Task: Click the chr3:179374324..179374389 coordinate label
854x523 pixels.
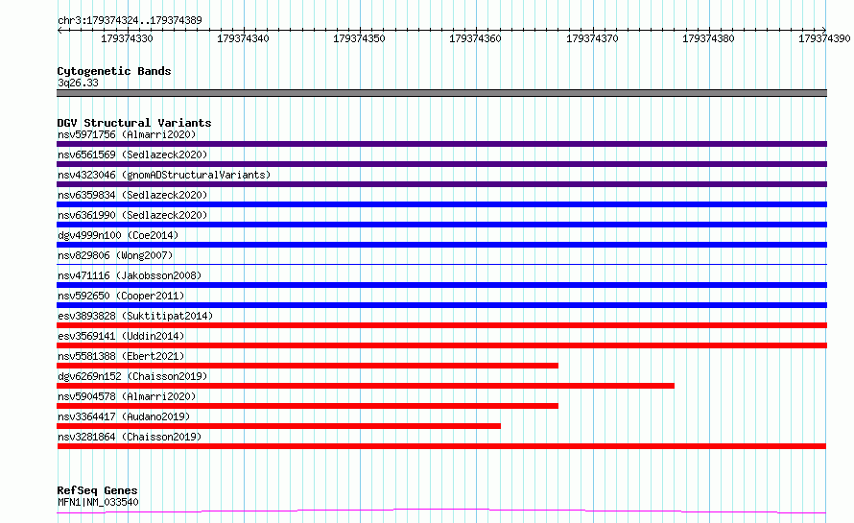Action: click(130, 20)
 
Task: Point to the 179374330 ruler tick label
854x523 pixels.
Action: click(127, 38)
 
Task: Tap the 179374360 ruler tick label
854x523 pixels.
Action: click(475, 38)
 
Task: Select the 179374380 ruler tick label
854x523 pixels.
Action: click(708, 38)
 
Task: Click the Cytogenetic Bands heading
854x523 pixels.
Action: click(114, 71)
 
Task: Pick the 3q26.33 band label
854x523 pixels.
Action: click(78, 83)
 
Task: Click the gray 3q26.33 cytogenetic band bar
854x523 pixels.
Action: click(441, 93)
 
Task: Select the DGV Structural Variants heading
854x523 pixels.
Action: click(134, 123)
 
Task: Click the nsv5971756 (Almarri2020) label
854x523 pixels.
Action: click(127, 134)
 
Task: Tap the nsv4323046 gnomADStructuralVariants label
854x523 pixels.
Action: click(164, 175)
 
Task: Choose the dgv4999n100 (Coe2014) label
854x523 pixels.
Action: click(118, 235)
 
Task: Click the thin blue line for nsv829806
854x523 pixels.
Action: click(441, 265)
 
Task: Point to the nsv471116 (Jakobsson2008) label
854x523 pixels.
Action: click(130, 275)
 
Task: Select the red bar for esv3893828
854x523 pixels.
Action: click(441, 325)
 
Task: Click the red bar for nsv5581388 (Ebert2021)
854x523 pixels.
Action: click(308, 366)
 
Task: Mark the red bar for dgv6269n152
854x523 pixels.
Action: click(366, 386)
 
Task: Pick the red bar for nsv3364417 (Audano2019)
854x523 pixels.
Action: click(279, 426)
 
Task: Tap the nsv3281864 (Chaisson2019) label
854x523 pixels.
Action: click(130, 437)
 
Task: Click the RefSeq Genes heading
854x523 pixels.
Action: click(97, 490)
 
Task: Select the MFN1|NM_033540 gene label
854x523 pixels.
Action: click(98, 502)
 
